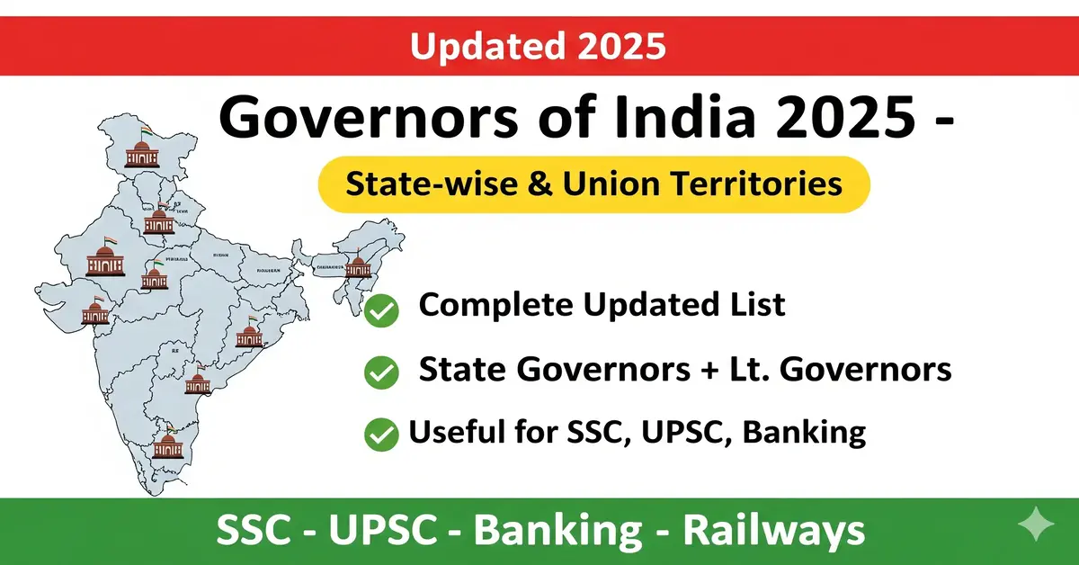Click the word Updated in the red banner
pyautogui.click(x=476, y=45)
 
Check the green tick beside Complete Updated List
pyautogui.click(x=382, y=312)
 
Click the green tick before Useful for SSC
pyautogui.click(x=381, y=435)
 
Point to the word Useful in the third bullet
pyautogui.click(x=457, y=433)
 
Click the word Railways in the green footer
pyautogui.click(x=774, y=530)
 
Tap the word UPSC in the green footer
pyautogui.click(x=391, y=530)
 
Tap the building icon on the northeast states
pyautogui.click(x=358, y=266)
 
